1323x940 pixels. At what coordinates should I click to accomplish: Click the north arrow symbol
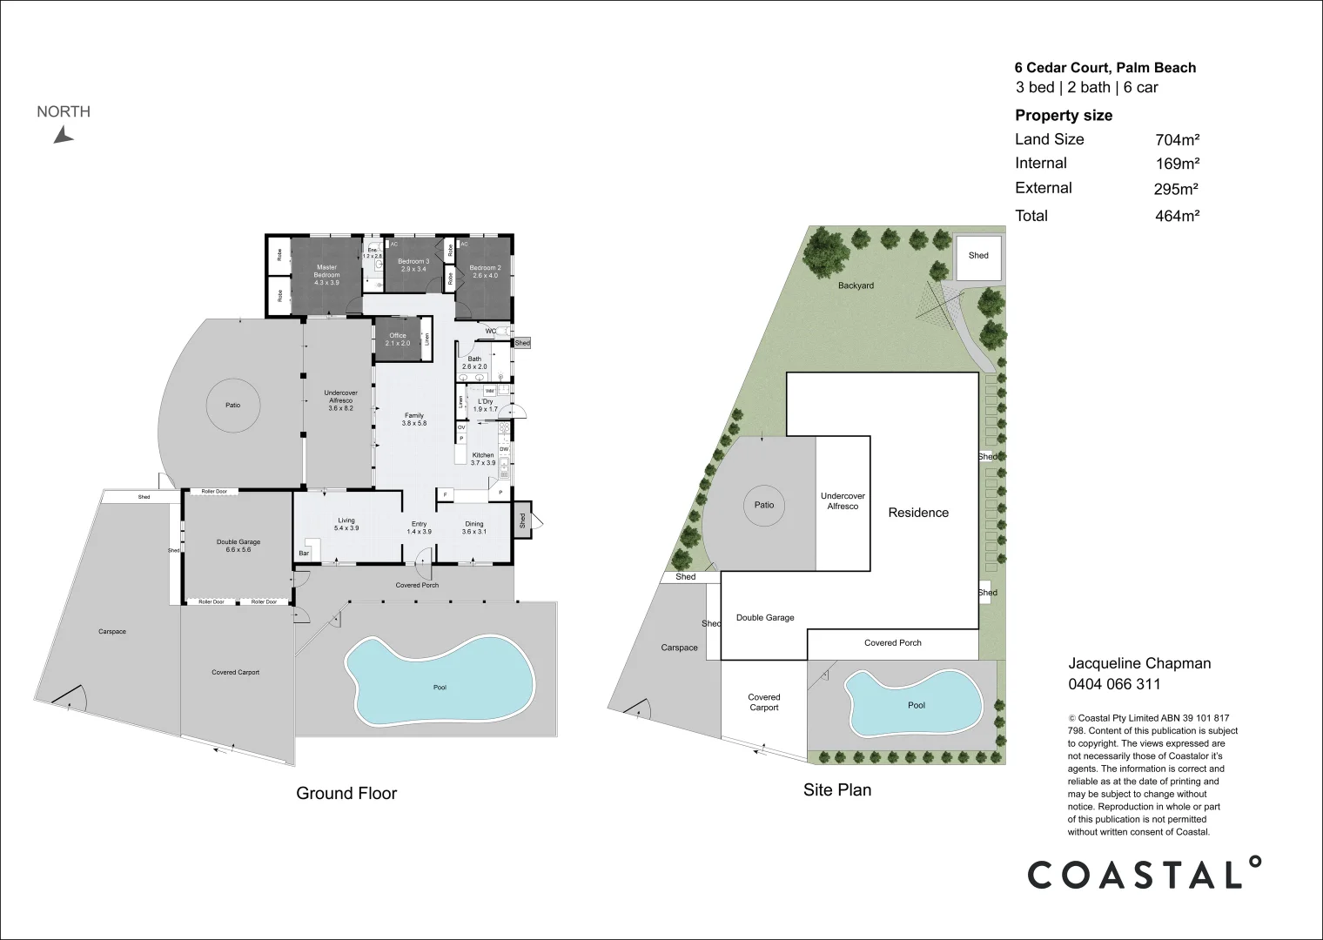pos(63,135)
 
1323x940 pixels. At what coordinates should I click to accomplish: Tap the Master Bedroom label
pos(326,272)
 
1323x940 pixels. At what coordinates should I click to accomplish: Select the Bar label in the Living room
pos(305,554)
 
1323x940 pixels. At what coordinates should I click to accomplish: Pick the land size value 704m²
pos(1177,140)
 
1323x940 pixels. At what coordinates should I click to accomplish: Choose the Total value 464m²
pos(1177,217)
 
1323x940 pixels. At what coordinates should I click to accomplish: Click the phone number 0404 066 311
pos(1114,684)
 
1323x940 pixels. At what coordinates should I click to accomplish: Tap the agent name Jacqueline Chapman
pos(1139,663)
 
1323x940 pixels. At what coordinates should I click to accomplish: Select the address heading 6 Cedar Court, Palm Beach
pos(1105,68)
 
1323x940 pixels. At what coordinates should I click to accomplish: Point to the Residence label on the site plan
pos(918,513)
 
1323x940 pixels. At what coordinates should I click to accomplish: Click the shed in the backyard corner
pos(978,256)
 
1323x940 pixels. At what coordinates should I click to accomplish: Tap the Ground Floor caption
pos(346,793)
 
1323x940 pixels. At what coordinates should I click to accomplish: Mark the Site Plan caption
pos(836,790)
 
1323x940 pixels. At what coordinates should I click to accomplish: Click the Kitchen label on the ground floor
pos(483,455)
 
